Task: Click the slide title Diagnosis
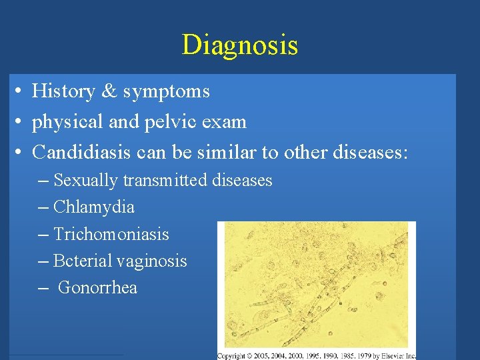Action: (x=239, y=45)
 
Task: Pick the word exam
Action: (x=227, y=123)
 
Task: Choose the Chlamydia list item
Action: (x=93, y=207)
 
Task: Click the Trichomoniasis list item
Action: (x=111, y=235)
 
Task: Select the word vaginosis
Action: (x=153, y=261)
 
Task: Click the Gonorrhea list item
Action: (x=97, y=288)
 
